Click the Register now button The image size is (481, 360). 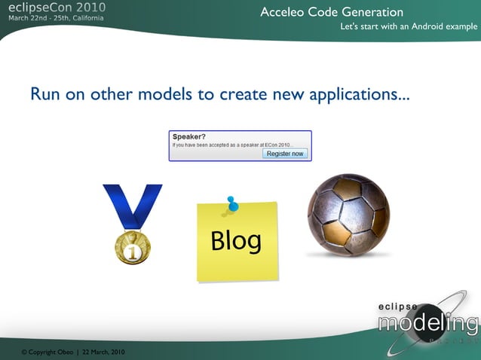(285, 154)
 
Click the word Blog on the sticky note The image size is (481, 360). (236, 240)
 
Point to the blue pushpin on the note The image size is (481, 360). (231, 204)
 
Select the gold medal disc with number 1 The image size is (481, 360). (133, 248)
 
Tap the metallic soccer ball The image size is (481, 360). (348, 215)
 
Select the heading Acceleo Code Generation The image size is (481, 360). (332, 12)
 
